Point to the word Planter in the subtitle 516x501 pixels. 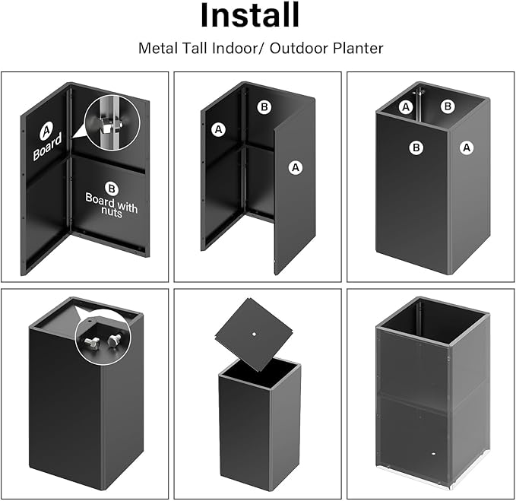pos(357,48)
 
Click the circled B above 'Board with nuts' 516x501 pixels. pos(112,187)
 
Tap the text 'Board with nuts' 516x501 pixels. pos(112,205)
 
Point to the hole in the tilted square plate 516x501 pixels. pos(252,331)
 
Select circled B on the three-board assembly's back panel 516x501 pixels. pos(264,107)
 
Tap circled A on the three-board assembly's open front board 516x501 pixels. pos(294,166)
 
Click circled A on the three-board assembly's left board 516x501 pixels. pos(219,130)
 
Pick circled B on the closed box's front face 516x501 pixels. pos(416,147)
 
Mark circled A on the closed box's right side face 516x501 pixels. pos(467,147)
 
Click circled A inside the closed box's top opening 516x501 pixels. pos(406,106)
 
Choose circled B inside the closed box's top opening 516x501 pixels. pos(448,106)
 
